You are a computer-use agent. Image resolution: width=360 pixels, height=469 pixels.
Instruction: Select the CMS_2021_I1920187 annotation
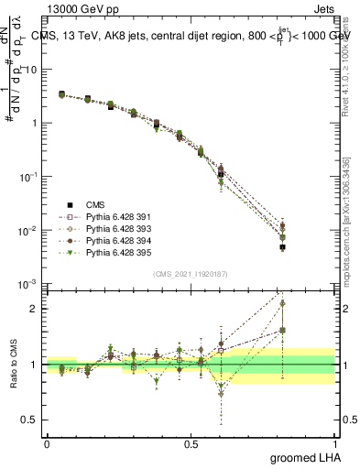click(x=190, y=274)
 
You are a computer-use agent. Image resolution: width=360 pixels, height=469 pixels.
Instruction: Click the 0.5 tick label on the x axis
click(x=191, y=442)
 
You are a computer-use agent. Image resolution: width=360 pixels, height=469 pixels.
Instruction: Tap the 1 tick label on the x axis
click(x=334, y=442)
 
